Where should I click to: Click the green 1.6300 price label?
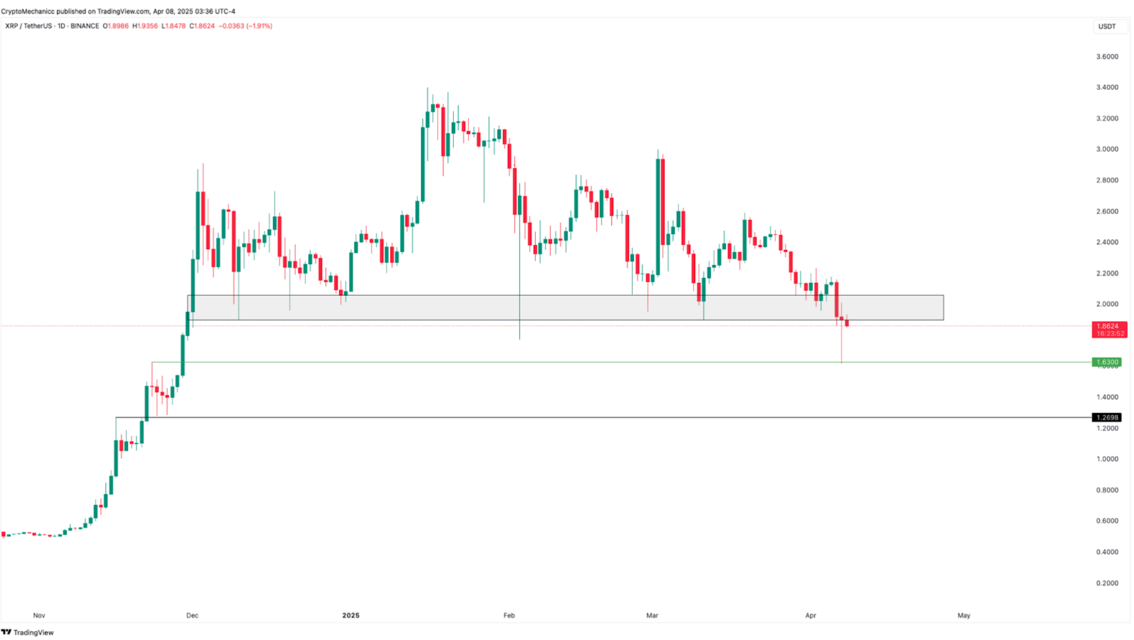tap(1106, 362)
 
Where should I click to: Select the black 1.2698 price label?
tap(1106, 417)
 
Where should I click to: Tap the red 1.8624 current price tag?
tap(1109, 326)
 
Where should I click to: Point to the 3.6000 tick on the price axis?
tap(1107, 57)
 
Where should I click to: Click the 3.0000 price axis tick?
tap(1107, 149)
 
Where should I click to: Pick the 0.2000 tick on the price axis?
tap(1107, 583)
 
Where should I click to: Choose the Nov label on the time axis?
tap(39, 616)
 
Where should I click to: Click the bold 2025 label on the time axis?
tap(351, 616)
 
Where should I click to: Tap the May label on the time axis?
tap(964, 616)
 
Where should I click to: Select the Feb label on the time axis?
tap(509, 616)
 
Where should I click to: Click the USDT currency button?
tap(1107, 27)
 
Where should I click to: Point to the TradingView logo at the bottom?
tap(28, 632)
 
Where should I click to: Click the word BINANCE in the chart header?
tap(84, 26)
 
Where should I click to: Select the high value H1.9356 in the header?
tap(145, 26)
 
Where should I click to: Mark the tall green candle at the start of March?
tap(657, 217)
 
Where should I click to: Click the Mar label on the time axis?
tap(652, 616)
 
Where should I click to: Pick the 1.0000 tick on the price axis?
tap(1107, 459)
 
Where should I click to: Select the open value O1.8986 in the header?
tap(116, 26)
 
